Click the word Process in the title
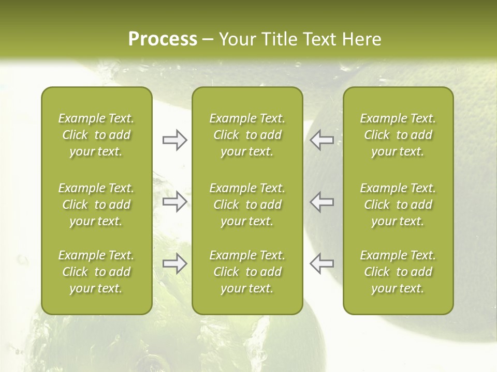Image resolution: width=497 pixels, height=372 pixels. (x=163, y=39)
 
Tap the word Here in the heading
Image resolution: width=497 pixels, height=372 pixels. (x=360, y=39)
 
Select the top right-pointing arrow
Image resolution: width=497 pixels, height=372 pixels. (x=174, y=140)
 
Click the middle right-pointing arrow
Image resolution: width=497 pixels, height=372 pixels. (x=174, y=202)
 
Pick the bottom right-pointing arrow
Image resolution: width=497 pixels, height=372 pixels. (x=174, y=263)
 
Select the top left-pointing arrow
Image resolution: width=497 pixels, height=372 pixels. (x=321, y=140)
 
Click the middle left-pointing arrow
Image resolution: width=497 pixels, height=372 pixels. (x=321, y=202)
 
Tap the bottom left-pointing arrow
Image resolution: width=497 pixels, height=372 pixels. (x=321, y=263)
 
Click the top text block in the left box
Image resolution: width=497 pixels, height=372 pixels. (x=96, y=135)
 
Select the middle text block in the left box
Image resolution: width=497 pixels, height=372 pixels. (x=96, y=205)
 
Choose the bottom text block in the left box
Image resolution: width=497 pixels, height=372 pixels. (x=96, y=272)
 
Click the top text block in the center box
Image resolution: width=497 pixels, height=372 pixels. (x=247, y=135)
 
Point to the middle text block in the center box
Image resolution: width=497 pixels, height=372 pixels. (x=247, y=205)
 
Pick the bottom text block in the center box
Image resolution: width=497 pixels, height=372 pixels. (x=247, y=272)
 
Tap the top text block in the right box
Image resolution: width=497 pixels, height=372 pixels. (x=398, y=135)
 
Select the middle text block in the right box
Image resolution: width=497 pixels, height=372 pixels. (x=398, y=205)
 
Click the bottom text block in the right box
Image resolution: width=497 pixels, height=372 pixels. (x=398, y=272)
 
